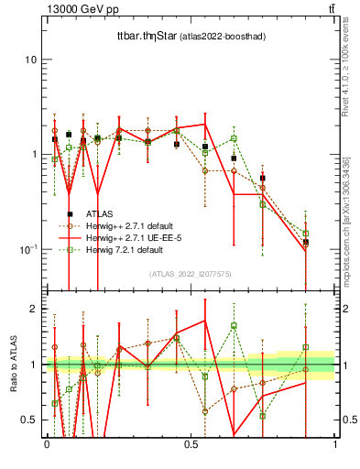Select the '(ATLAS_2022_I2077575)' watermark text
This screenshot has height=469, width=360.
point(191,274)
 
